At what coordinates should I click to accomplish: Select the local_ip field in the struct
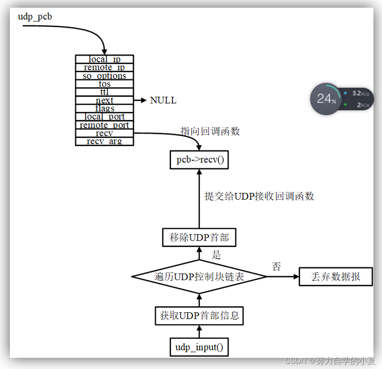coord(105,59)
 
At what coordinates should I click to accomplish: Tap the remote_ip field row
coord(105,67)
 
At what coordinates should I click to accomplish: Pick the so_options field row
coord(105,76)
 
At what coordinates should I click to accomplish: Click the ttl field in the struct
coord(105,92)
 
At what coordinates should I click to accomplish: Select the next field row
coord(105,100)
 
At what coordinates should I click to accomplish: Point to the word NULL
coord(163,101)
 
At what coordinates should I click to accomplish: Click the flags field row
coord(105,108)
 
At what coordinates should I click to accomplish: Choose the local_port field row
coord(105,116)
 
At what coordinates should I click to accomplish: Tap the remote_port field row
coord(105,125)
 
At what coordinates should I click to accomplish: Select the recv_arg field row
coord(105,141)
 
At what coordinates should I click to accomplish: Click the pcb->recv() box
coord(199,160)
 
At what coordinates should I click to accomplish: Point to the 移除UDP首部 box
coord(199,238)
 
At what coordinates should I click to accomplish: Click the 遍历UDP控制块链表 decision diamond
coord(199,277)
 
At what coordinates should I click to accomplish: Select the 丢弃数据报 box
coord(336,277)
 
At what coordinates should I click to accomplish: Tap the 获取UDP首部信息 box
coord(199,316)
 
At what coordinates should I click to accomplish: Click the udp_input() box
coord(199,347)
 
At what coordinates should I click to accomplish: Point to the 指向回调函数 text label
coord(210,131)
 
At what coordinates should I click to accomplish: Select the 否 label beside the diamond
coord(277,267)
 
